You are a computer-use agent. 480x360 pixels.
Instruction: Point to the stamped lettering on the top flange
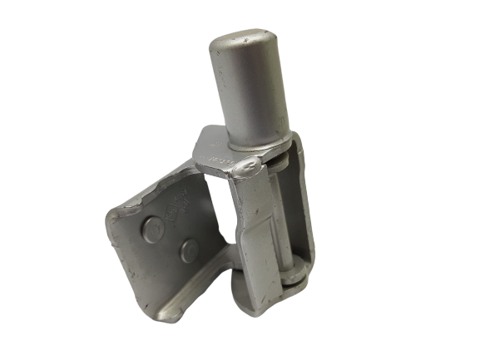218,154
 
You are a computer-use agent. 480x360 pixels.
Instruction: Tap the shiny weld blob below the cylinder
248,169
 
